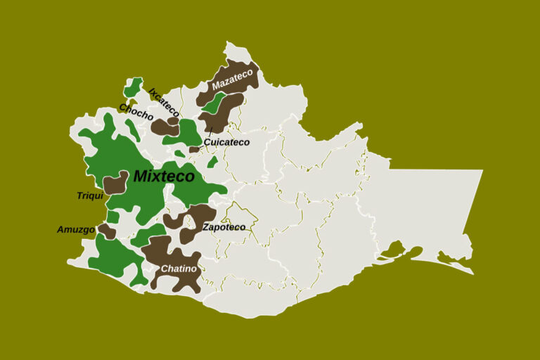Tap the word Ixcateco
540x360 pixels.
(165, 103)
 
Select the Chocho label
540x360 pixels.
(136, 111)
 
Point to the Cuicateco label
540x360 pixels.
(226, 142)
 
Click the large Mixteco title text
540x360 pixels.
(162, 176)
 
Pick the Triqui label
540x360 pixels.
(90, 195)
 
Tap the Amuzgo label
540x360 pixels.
(75, 229)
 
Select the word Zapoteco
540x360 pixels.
(224, 227)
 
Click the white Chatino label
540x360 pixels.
(179, 269)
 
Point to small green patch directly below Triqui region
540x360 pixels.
(112, 217)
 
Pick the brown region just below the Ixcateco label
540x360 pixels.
(165, 127)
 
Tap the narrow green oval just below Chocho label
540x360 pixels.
(132, 129)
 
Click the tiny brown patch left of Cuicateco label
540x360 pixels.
(194, 149)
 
